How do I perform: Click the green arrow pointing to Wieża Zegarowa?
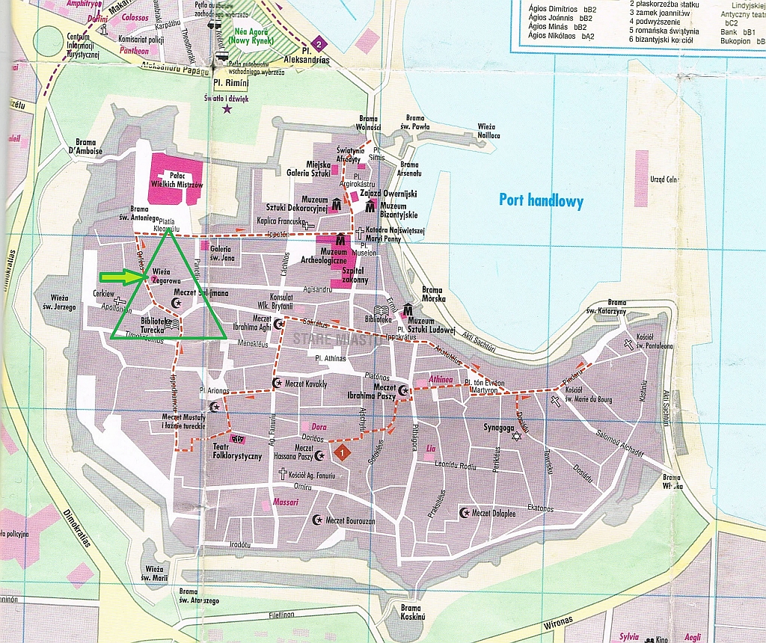[x=122, y=277]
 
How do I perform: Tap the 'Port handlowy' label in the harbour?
[x=542, y=200]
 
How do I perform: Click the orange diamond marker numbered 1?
[x=342, y=452]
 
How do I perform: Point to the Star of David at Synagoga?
[x=515, y=435]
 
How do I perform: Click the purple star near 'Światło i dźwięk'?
[x=227, y=110]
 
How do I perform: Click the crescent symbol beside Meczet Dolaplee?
[x=463, y=512]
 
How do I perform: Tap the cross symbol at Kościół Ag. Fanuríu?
[x=283, y=473]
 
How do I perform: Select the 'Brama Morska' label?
[x=432, y=294]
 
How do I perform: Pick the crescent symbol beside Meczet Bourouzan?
[x=316, y=519]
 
